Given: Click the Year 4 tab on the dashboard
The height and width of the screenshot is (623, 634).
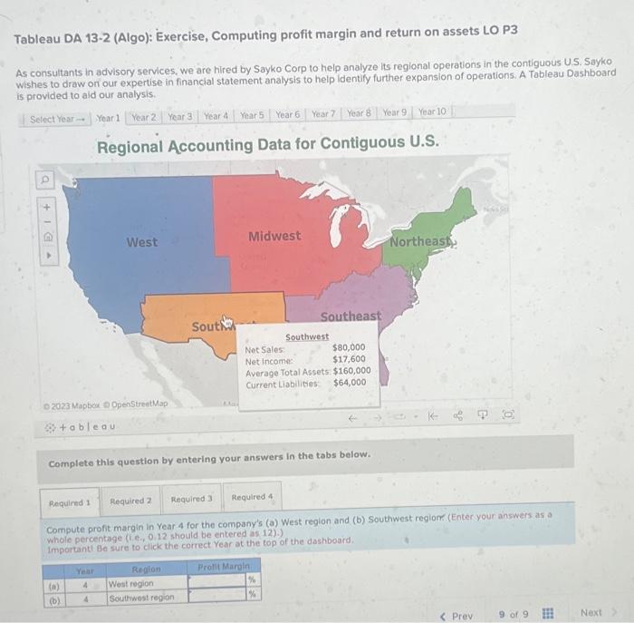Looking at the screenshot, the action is (x=216, y=116).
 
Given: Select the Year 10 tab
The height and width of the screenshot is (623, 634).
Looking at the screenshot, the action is (x=432, y=112).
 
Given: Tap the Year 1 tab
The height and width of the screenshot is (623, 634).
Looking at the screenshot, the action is (x=108, y=118).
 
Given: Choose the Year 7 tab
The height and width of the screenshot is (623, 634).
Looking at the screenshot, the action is (x=323, y=114).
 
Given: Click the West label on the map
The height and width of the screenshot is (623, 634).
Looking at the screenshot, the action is (x=141, y=242).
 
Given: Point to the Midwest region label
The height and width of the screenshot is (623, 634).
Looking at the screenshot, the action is (x=274, y=236).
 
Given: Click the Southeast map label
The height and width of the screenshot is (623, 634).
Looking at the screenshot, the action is (x=351, y=316).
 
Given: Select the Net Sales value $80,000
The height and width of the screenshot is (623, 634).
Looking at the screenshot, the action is (x=349, y=347).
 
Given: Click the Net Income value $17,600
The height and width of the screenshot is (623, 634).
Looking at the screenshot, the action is (x=349, y=359).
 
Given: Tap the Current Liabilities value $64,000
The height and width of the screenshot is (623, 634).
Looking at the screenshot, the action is (x=350, y=383).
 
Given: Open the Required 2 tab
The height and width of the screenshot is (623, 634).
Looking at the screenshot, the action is (x=130, y=501).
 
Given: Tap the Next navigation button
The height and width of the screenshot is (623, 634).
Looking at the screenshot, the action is (x=592, y=614).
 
